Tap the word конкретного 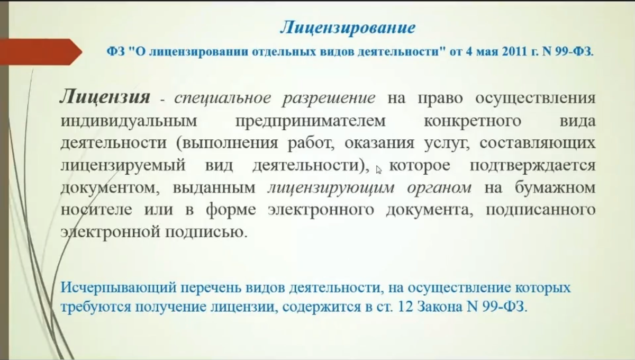click(x=473, y=121)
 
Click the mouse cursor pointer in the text click(x=378, y=169)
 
